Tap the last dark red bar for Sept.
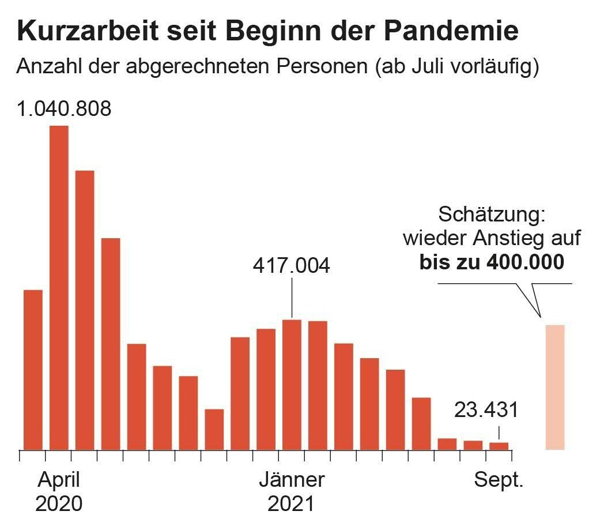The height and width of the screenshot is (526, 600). pos(499,446)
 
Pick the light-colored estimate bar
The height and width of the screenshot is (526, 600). pos(555,387)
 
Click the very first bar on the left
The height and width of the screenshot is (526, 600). pos(33,369)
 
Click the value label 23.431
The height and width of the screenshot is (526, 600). pos(486,410)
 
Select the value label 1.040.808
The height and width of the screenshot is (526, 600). pos(64,108)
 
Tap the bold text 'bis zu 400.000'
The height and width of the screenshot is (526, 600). pos(492,262)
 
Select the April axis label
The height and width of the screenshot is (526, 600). pos(59,480)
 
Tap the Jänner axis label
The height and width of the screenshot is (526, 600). pos(292,480)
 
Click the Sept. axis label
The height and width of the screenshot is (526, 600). pos(499,480)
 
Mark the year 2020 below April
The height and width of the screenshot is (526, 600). pos(59,504)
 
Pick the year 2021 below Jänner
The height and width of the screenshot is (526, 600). pos(292,504)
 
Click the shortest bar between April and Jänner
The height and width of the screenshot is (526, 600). pos(214,429)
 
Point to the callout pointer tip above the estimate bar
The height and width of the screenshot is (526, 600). pos(540,317)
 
